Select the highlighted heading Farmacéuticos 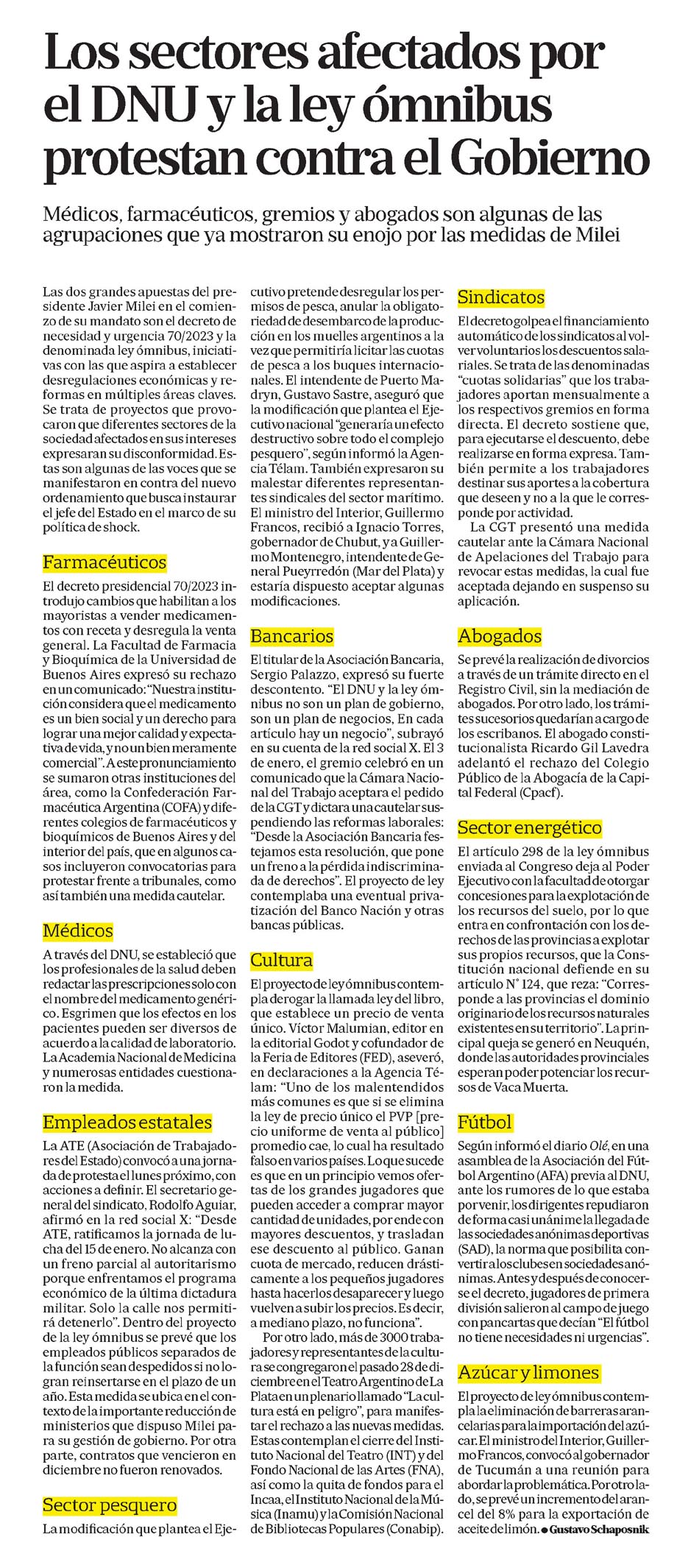[x=104, y=563]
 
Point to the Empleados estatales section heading [x=127, y=1123]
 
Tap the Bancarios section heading [x=292, y=636]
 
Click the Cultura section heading [x=281, y=960]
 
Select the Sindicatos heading [x=501, y=297]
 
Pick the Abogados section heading [x=500, y=636]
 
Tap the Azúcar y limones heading [x=528, y=1373]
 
